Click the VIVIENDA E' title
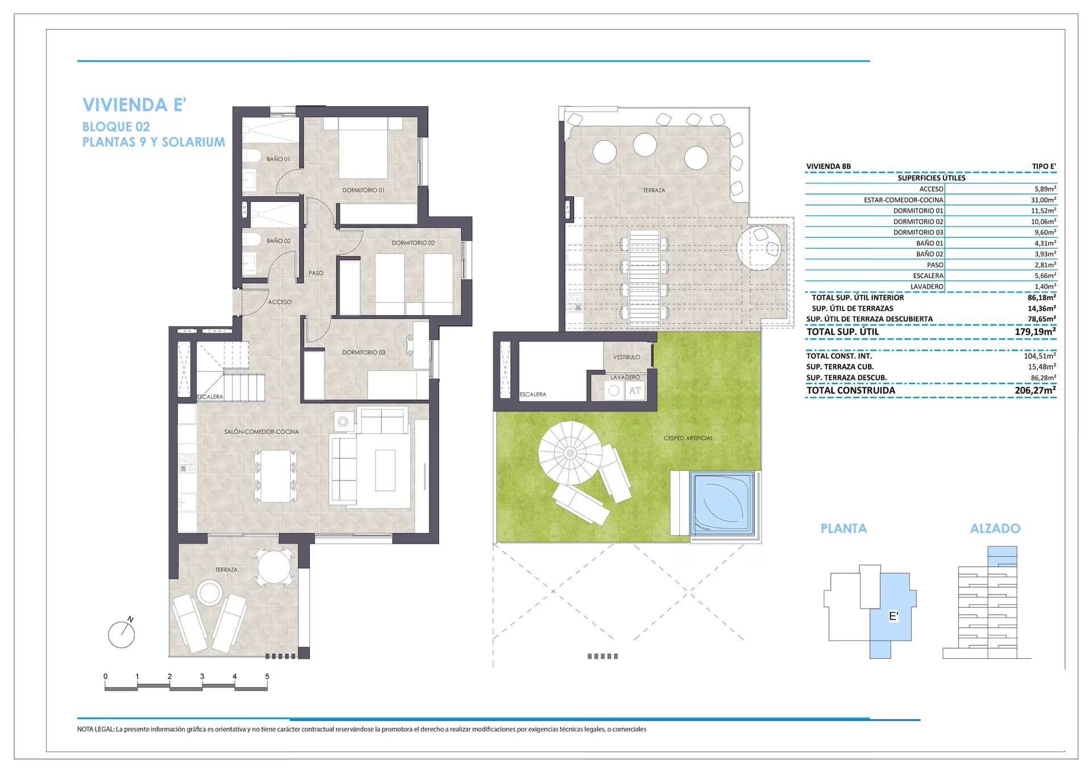click(134, 105)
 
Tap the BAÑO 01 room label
click(278, 159)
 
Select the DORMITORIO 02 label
click(413, 243)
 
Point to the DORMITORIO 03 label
click(363, 353)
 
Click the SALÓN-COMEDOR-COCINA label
click(261, 432)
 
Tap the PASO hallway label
click(316, 273)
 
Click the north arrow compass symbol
click(122, 633)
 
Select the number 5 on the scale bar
click(267, 676)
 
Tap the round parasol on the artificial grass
click(570, 453)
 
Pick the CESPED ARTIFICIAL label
click(688, 438)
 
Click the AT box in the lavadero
click(635, 391)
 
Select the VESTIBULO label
click(626, 357)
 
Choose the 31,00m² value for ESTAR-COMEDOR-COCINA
click(1044, 200)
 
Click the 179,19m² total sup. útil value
click(1035, 332)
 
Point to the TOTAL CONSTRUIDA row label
click(850, 390)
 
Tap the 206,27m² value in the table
click(1035, 390)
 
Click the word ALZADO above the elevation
click(995, 529)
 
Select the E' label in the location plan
click(894, 616)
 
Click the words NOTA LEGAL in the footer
click(96, 729)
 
